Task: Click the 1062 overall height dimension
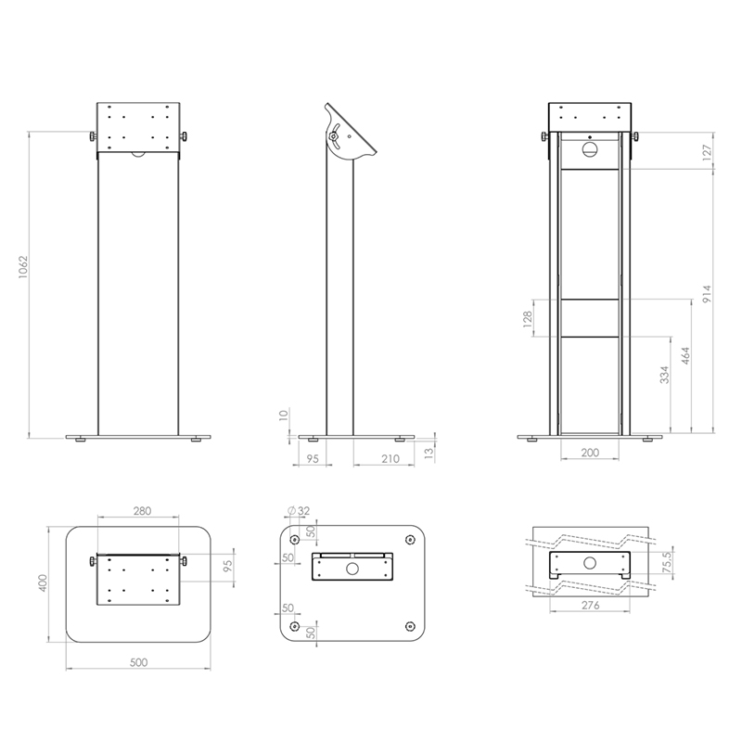pyautogui.click(x=23, y=268)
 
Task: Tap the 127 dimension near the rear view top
pyautogui.click(x=707, y=152)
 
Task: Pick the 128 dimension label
pyautogui.click(x=528, y=318)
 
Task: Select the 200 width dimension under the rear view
pyautogui.click(x=591, y=452)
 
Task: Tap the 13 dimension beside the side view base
pyautogui.click(x=428, y=452)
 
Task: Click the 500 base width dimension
pyautogui.click(x=140, y=663)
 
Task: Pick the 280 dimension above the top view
pyautogui.click(x=141, y=511)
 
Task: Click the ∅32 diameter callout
pyautogui.click(x=299, y=510)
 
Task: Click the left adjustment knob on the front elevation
pyautogui.click(x=94, y=138)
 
